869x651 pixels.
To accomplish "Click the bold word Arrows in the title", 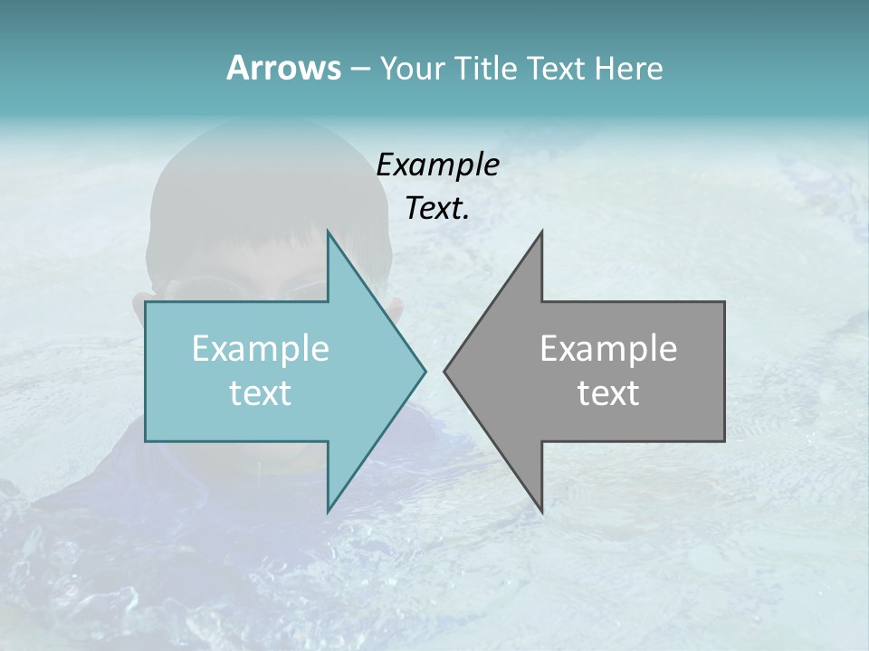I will [283, 68].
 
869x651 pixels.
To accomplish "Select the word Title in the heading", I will [486, 68].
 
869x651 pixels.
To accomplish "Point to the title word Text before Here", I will [558, 68].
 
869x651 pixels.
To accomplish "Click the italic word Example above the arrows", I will [437, 165].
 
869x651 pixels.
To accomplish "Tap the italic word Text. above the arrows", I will [437, 209].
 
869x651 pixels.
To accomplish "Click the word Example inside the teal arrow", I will [261, 348].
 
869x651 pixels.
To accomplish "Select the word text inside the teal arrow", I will [261, 393].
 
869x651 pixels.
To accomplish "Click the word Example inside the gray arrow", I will [608, 348].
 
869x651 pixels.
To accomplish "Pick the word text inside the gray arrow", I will [608, 393].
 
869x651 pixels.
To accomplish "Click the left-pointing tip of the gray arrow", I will [445, 371].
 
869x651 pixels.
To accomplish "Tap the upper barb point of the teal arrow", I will [329, 232].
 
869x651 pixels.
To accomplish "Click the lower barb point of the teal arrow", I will [329, 510].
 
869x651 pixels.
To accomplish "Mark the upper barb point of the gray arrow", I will [541, 232].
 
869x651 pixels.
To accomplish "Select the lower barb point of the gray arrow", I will [541, 510].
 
